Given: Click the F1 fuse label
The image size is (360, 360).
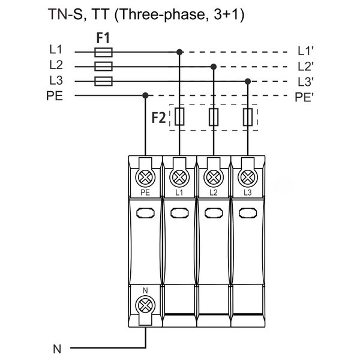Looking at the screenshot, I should click(x=103, y=38).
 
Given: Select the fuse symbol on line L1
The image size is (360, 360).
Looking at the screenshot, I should click(x=103, y=52).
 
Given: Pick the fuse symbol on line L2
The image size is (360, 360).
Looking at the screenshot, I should click(x=103, y=66).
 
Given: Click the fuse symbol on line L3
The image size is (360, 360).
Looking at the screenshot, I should click(x=103, y=80).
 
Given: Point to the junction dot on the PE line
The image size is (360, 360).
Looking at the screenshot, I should click(x=145, y=95).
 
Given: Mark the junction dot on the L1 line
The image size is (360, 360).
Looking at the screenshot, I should click(x=179, y=52).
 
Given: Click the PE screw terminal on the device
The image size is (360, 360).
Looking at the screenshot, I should click(x=145, y=177).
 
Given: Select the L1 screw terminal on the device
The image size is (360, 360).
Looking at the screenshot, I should click(x=179, y=177).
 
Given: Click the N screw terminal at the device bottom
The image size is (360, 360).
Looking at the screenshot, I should click(x=145, y=304).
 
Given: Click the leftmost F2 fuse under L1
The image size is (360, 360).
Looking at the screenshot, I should click(x=179, y=117).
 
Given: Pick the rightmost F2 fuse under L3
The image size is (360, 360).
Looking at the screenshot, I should click(x=248, y=117).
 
